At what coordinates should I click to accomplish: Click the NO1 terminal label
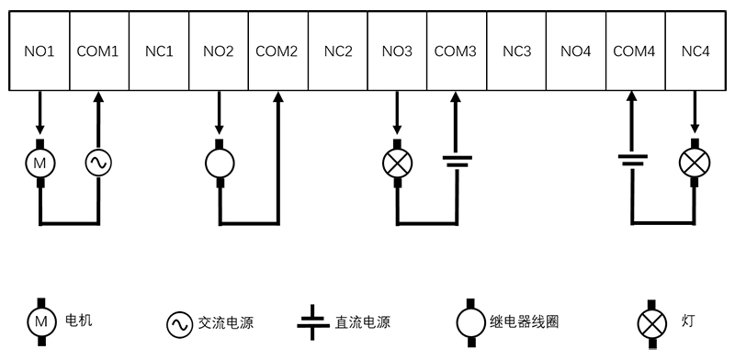40,51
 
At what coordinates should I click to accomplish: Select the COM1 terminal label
98,51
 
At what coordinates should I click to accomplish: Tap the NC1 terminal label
159,51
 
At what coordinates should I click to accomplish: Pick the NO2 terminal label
219,51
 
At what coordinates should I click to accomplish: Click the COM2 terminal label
277,51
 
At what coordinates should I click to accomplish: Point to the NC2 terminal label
338,51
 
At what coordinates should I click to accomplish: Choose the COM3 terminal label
456,51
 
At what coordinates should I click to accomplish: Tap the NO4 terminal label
575,51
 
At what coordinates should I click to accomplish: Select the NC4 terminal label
695,51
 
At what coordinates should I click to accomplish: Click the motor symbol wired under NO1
40,162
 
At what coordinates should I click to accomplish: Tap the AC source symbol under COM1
98,163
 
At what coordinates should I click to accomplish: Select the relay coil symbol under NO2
219,163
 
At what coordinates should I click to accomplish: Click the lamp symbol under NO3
397,163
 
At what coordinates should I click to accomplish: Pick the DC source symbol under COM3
457,162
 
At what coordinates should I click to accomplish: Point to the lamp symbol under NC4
695,163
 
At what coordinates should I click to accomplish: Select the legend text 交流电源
225,323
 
